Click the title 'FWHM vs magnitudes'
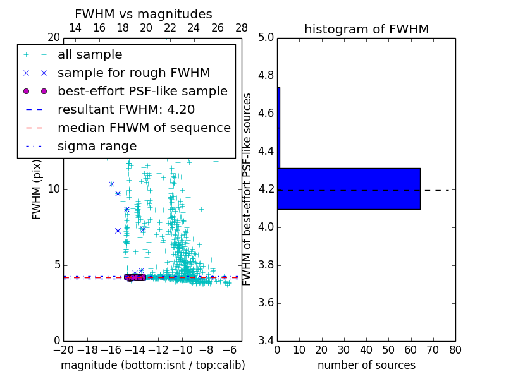[x=143, y=14]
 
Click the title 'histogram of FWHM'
[x=366, y=29]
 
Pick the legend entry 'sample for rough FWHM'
[x=133, y=73]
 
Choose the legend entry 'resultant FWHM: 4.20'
[x=126, y=109]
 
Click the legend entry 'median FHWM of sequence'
[x=144, y=128]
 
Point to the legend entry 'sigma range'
[x=97, y=146]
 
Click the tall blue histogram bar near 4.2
[x=349, y=188]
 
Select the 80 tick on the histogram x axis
[x=455, y=350]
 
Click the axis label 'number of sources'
[x=366, y=365]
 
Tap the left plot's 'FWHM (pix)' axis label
[x=37, y=189]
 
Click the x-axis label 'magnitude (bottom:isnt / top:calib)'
[x=152, y=365]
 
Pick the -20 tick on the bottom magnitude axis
[x=63, y=350]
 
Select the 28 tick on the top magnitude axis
[x=242, y=28]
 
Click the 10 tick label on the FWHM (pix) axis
[x=53, y=189]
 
